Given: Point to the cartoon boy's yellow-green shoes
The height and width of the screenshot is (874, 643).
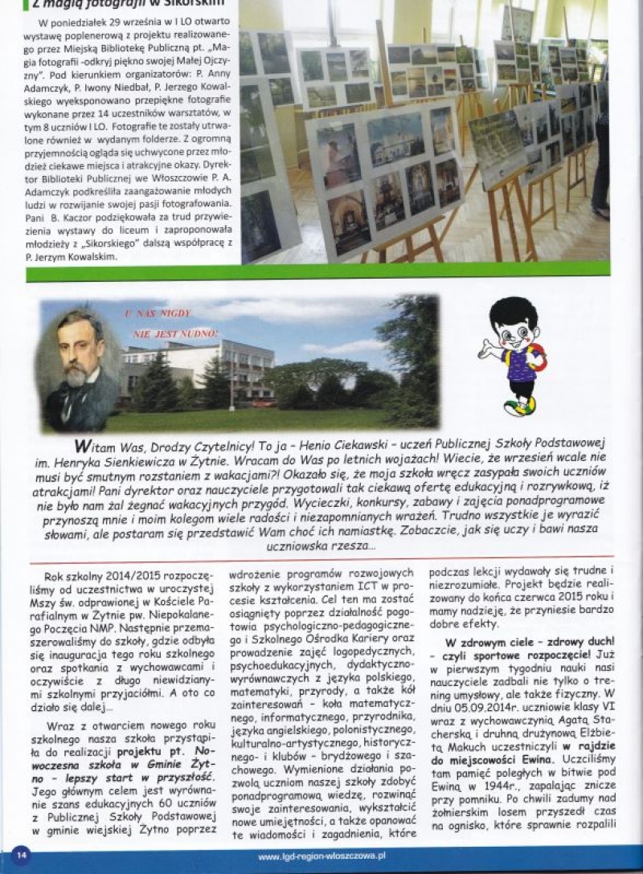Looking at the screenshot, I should click(x=522, y=406).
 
